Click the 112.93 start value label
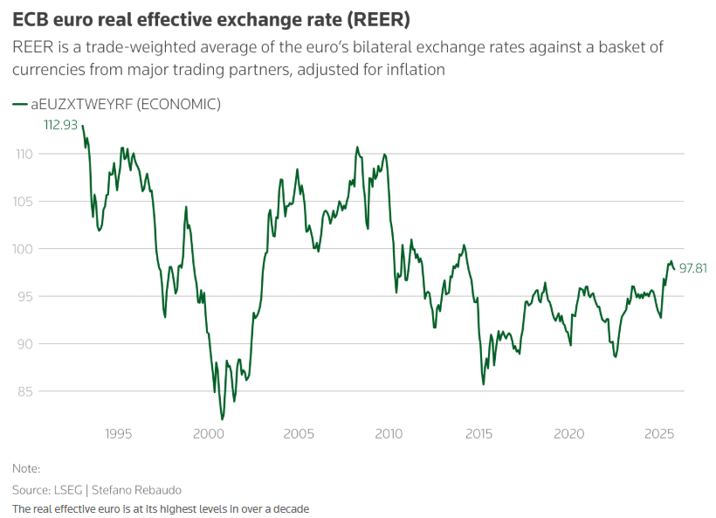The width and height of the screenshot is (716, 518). pyautogui.click(x=61, y=125)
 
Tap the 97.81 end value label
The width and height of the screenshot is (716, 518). pyautogui.click(x=692, y=268)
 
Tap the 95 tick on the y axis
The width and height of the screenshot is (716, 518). pyautogui.click(x=26, y=297)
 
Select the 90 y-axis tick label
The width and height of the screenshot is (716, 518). pyautogui.click(x=26, y=344)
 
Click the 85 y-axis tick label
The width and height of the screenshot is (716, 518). pyautogui.click(x=26, y=391)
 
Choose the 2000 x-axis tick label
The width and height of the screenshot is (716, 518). pyautogui.click(x=208, y=434)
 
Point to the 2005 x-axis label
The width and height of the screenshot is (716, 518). pyautogui.click(x=299, y=434)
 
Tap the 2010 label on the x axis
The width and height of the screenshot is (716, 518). pyautogui.click(x=389, y=434)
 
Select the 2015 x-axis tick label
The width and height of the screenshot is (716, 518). pyautogui.click(x=478, y=434)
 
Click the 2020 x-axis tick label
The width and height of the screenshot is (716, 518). pyautogui.click(x=569, y=434)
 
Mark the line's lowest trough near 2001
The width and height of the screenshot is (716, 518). pyautogui.click(x=222, y=419)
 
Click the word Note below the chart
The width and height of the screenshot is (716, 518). pyautogui.click(x=25, y=468)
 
